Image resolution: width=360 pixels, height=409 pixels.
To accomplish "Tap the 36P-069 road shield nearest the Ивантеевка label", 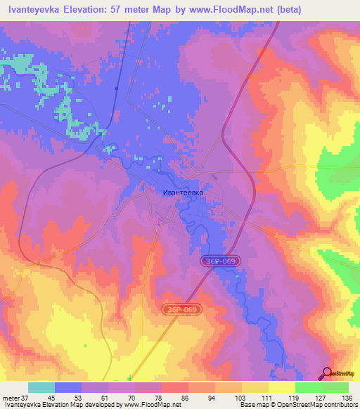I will tap(222, 261).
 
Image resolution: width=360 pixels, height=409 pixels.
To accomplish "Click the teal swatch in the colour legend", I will tap(41, 387).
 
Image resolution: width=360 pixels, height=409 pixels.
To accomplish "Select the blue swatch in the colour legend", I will tap(68, 387).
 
